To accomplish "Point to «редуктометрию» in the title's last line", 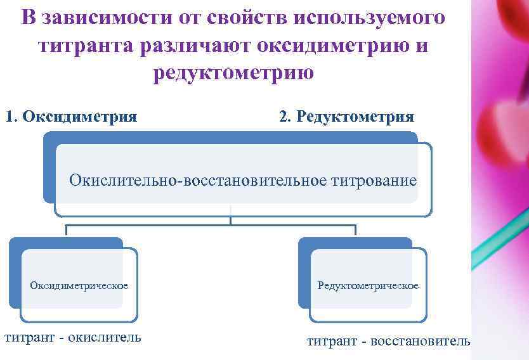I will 233,73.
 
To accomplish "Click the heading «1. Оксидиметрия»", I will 71,117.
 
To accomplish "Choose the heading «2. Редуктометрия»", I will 346,117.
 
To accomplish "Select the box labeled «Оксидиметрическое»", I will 79,285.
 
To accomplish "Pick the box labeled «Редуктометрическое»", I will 369,286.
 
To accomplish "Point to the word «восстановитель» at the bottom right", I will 421,341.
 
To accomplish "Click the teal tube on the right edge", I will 504,238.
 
